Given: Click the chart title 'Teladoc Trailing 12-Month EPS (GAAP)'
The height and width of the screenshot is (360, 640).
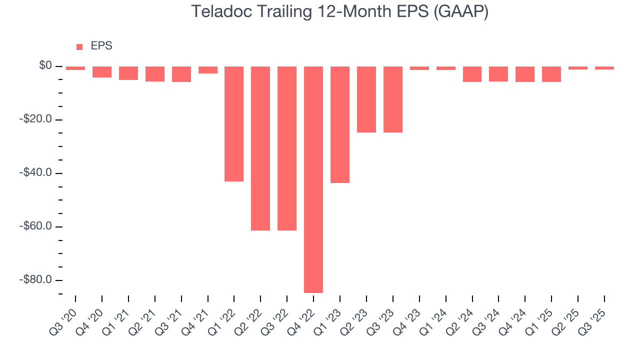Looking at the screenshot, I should pos(340,11).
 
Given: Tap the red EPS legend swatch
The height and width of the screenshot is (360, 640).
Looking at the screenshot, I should pos(79,46).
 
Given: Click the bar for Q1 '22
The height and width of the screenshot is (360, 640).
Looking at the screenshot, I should pos(234,123).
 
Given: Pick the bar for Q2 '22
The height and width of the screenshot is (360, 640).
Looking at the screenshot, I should pos(260,148).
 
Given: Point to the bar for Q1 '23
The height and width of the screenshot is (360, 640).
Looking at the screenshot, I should pos(340,124).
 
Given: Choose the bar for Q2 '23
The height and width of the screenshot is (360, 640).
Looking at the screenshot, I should pos(366,99).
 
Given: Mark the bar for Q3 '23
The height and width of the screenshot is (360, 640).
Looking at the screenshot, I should pos(393,99).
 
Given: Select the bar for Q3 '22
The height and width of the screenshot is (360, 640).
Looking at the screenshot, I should pos(287,148).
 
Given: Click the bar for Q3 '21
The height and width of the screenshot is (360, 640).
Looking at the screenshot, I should pos(181,74).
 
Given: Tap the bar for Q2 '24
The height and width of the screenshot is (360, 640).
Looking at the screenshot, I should pos(472,74).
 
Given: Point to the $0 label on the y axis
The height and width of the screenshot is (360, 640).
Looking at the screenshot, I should pos(46,66).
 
